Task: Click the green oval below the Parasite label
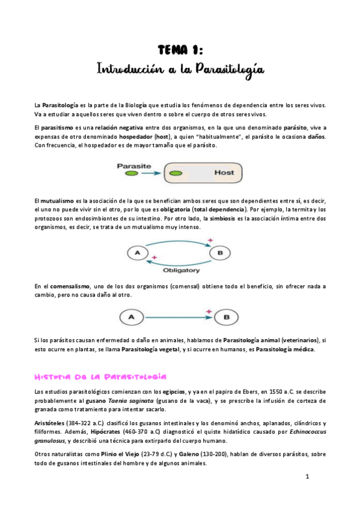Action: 132,173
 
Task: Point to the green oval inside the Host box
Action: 175,173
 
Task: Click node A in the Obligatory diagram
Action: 138,253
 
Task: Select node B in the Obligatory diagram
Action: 220,253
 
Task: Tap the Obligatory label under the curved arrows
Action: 181,270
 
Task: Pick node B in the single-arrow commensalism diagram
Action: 227,315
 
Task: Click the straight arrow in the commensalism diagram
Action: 177,315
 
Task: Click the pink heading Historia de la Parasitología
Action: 100,376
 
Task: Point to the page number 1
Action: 307,477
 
